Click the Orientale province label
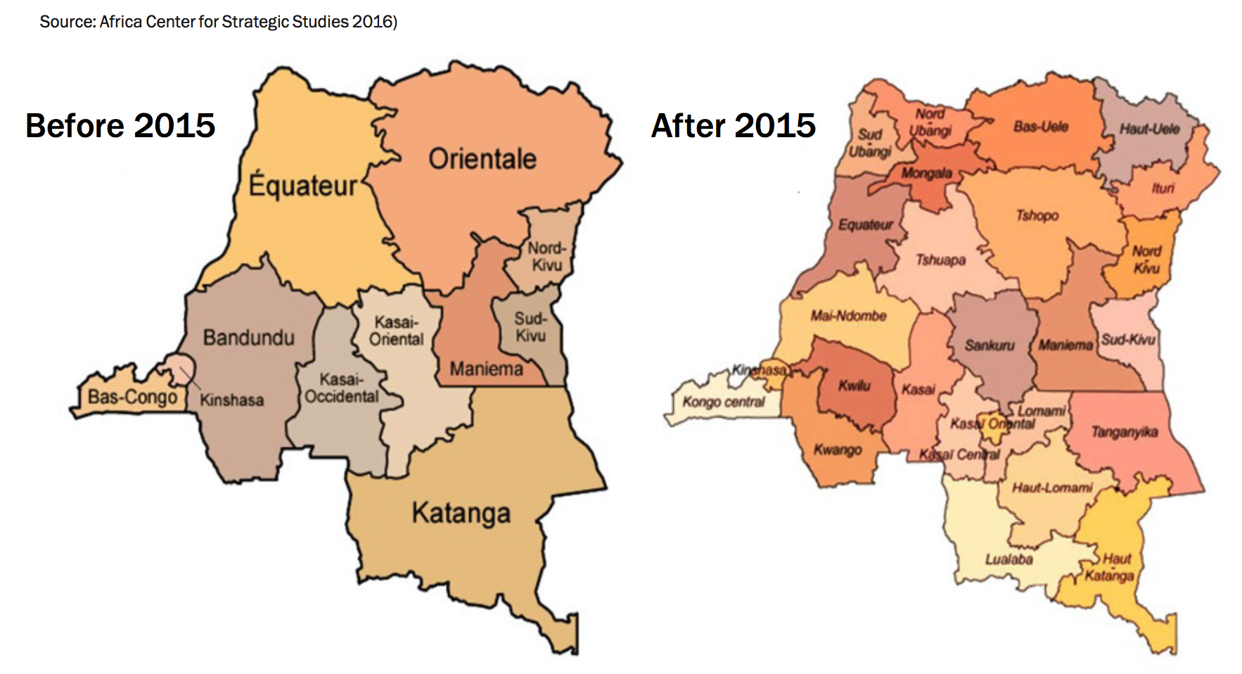(482, 159)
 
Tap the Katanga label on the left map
(461, 513)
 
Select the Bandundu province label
(248, 338)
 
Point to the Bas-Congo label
(132, 398)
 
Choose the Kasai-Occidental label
(342, 388)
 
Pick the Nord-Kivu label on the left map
(546, 257)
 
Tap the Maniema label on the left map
(486, 369)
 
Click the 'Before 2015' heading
(120, 126)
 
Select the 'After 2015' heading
(734, 126)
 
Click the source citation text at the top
(218, 22)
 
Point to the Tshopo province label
(1037, 215)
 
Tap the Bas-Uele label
(1041, 127)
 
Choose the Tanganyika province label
(1124, 432)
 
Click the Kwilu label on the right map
(854, 386)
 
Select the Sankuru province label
(990, 345)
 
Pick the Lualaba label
(1009, 559)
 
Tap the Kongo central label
(723, 402)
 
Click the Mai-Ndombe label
(848, 316)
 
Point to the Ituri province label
(1163, 188)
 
